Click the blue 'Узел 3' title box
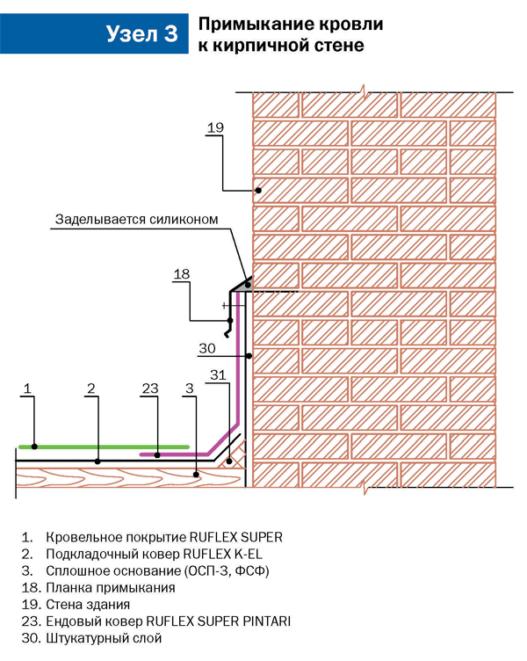pyautogui.click(x=141, y=34)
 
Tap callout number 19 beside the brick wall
pyautogui.click(x=216, y=128)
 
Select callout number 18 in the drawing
pyautogui.click(x=181, y=274)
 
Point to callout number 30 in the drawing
pyautogui.click(x=206, y=348)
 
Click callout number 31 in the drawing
pyautogui.click(x=219, y=376)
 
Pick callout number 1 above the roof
pyautogui.click(x=27, y=388)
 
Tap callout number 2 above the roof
pyautogui.click(x=90, y=388)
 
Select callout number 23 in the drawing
pyautogui.click(x=150, y=388)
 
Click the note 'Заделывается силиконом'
pyautogui.click(x=135, y=219)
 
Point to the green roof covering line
pyautogui.click(x=105, y=447)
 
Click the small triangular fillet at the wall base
pyautogui.click(x=235, y=460)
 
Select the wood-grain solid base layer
pyautogui.click(x=114, y=479)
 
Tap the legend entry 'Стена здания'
pyautogui.click(x=89, y=604)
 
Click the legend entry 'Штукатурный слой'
pyautogui.click(x=102, y=638)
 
